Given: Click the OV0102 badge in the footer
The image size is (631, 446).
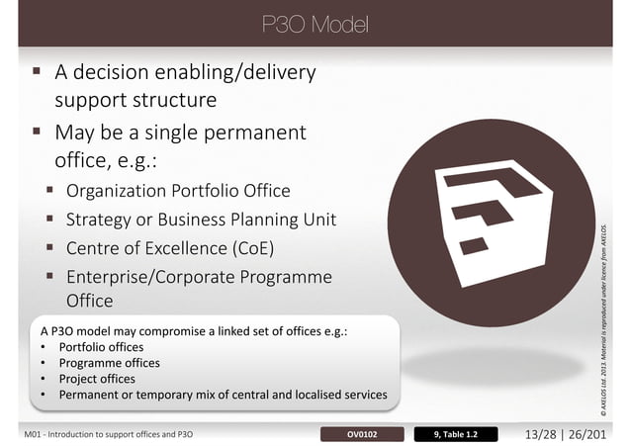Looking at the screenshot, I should point(362,433).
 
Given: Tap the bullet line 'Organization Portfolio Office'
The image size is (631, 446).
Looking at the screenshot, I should point(178,191).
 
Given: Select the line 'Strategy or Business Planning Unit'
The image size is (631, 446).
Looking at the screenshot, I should point(201,219).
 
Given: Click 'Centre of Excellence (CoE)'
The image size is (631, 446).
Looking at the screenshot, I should point(169,246).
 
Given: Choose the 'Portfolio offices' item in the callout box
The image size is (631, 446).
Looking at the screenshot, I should point(101,347).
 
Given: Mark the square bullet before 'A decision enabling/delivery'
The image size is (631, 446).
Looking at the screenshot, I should point(36,72).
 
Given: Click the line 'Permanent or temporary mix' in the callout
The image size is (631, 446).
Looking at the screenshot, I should point(223,395).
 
